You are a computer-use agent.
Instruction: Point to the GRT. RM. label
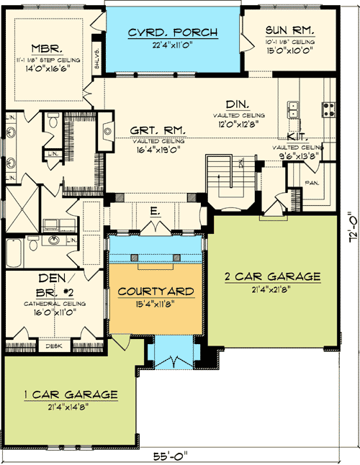click(x=158, y=131)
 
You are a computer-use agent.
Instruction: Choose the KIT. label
click(x=296, y=135)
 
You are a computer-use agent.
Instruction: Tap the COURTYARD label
click(x=156, y=292)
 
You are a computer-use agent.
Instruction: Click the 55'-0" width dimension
click(x=170, y=456)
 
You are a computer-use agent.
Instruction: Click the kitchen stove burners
click(x=329, y=109)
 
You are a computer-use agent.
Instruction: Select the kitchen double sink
click(x=294, y=109)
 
